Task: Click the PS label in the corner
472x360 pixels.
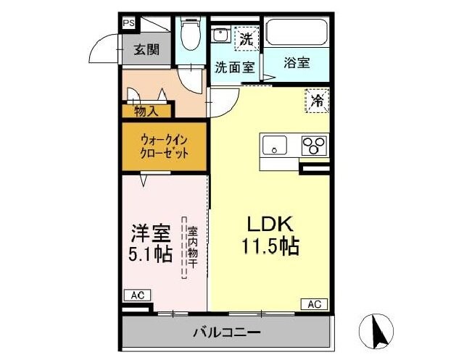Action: point(128,22)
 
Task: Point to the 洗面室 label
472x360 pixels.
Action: point(234,67)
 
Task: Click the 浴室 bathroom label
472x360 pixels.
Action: point(297,63)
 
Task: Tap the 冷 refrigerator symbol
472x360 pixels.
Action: point(316,100)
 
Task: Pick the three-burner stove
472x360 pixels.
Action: point(315,145)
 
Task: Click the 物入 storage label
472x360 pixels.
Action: point(147,111)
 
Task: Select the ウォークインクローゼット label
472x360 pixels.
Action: point(165,146)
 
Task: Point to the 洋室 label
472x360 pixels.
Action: point(150,233)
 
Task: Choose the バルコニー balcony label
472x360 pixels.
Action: point(226,332)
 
